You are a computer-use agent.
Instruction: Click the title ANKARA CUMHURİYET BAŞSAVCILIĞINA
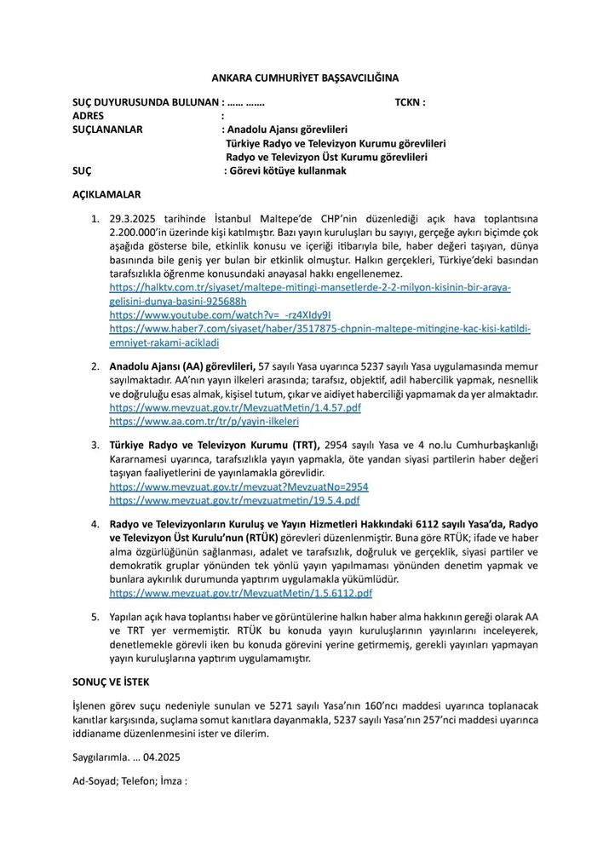point(304,78)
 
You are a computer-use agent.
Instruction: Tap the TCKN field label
point(410,102)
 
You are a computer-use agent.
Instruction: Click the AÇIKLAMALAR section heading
point(106,194)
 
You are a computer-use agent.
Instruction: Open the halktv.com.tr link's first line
point(310,287)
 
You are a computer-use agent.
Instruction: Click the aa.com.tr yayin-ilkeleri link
point(204,421)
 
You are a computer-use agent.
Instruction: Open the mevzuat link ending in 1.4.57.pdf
point(235,408)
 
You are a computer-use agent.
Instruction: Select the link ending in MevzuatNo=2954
point(238,486)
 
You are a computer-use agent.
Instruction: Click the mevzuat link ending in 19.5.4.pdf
point(239,499)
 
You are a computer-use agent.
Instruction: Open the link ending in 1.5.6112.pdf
point(241,592)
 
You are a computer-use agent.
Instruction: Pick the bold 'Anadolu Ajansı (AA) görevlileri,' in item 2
point(182,366)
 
